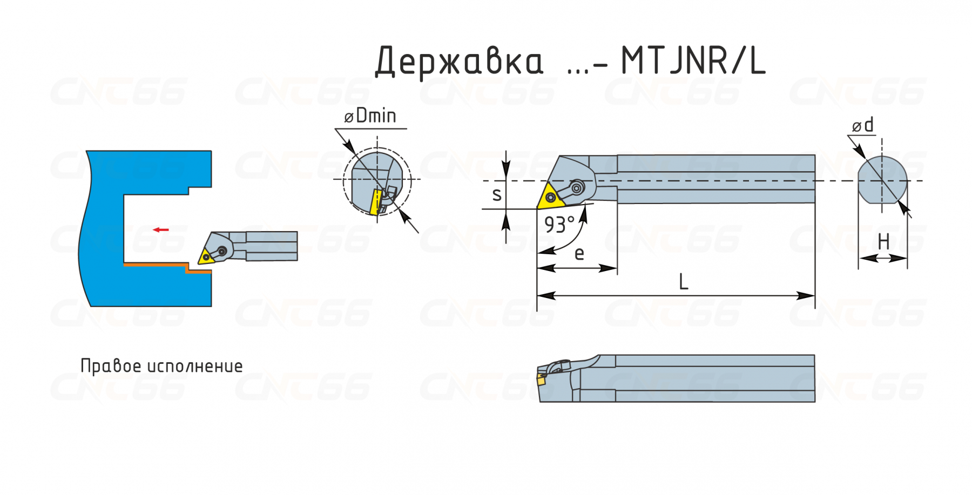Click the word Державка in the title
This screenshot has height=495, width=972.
(x=460, y=62)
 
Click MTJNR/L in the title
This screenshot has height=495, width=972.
(x=694, y=60)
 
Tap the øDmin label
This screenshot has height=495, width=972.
(x=370, y=116)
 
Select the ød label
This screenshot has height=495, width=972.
(x=863, y=125)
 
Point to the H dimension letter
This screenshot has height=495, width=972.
(x=883, y=242)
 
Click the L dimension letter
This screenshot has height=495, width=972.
(x=684, y=282)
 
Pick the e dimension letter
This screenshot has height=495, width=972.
(x=579, y=254)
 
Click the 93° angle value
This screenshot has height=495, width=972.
(x=559, y=225)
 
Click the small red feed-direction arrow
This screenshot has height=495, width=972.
(x=161, y=230)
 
